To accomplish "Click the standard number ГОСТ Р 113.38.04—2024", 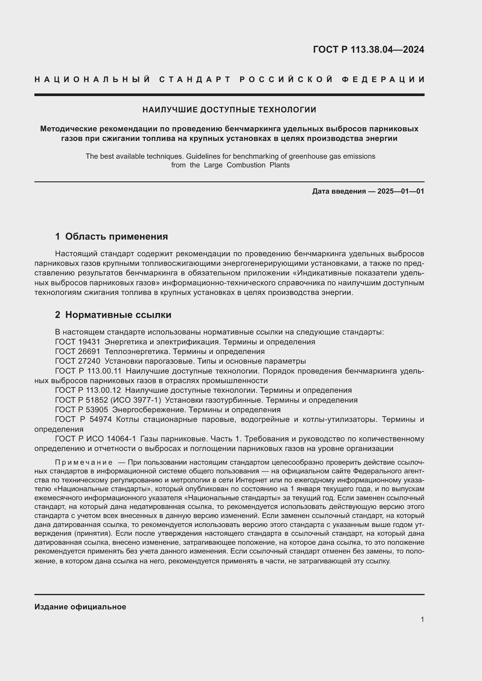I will [x=368, y=49].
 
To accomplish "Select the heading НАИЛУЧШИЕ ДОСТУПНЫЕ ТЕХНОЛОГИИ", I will [x=229, y=110].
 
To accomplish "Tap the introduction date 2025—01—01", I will [x=401, y=191].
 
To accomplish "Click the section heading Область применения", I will [x=116, y=236].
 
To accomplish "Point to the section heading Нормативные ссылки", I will [x=118, y=315].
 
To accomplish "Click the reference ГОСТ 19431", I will [x=78, y=342].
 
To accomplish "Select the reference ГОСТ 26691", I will [x=78, y=351].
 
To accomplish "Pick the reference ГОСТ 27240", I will [x=78, y=361].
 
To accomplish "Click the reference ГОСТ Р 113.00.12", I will [x=88, y=390].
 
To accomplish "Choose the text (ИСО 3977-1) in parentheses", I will [x=136, y=400].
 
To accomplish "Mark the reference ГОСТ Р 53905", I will [x=82, y=410].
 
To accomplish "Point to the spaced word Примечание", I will [x=84, y=462].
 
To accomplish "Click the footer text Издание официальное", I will [x=80, y=606].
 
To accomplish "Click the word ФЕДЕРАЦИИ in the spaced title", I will [x=383, y=79].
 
